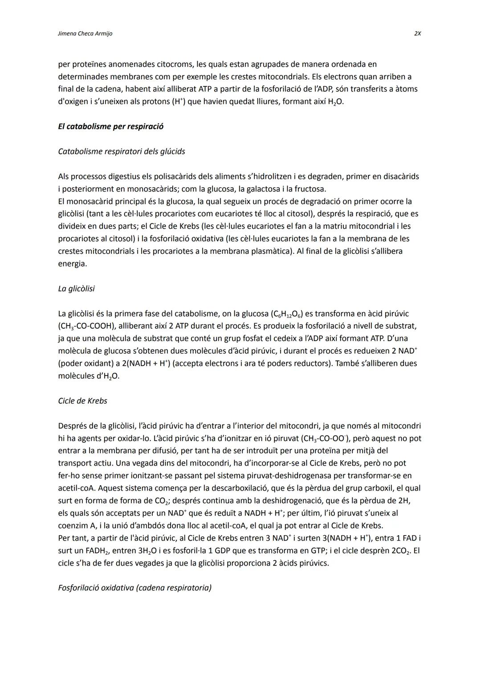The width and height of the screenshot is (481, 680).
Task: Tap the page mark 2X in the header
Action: [417, 33]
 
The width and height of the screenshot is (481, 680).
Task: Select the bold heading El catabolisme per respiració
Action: [110, 126]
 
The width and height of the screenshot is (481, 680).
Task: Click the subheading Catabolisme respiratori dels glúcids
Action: [121, 151]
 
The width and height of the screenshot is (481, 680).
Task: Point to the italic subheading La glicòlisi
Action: [76, 288]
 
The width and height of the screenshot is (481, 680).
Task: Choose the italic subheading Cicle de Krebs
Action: [82, 401]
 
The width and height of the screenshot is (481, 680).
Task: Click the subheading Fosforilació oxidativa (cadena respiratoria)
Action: [135, 588]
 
